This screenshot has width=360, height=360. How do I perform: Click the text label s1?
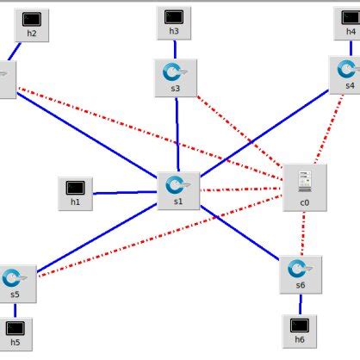[177, 203]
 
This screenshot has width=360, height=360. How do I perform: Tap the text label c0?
[305, 203]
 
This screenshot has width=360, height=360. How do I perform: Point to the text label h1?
[75, 203]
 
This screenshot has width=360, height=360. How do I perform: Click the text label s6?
[300, 286]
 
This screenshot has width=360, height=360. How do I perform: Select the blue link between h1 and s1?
[125, 192]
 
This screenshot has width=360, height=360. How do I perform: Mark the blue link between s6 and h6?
[300, 304]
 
